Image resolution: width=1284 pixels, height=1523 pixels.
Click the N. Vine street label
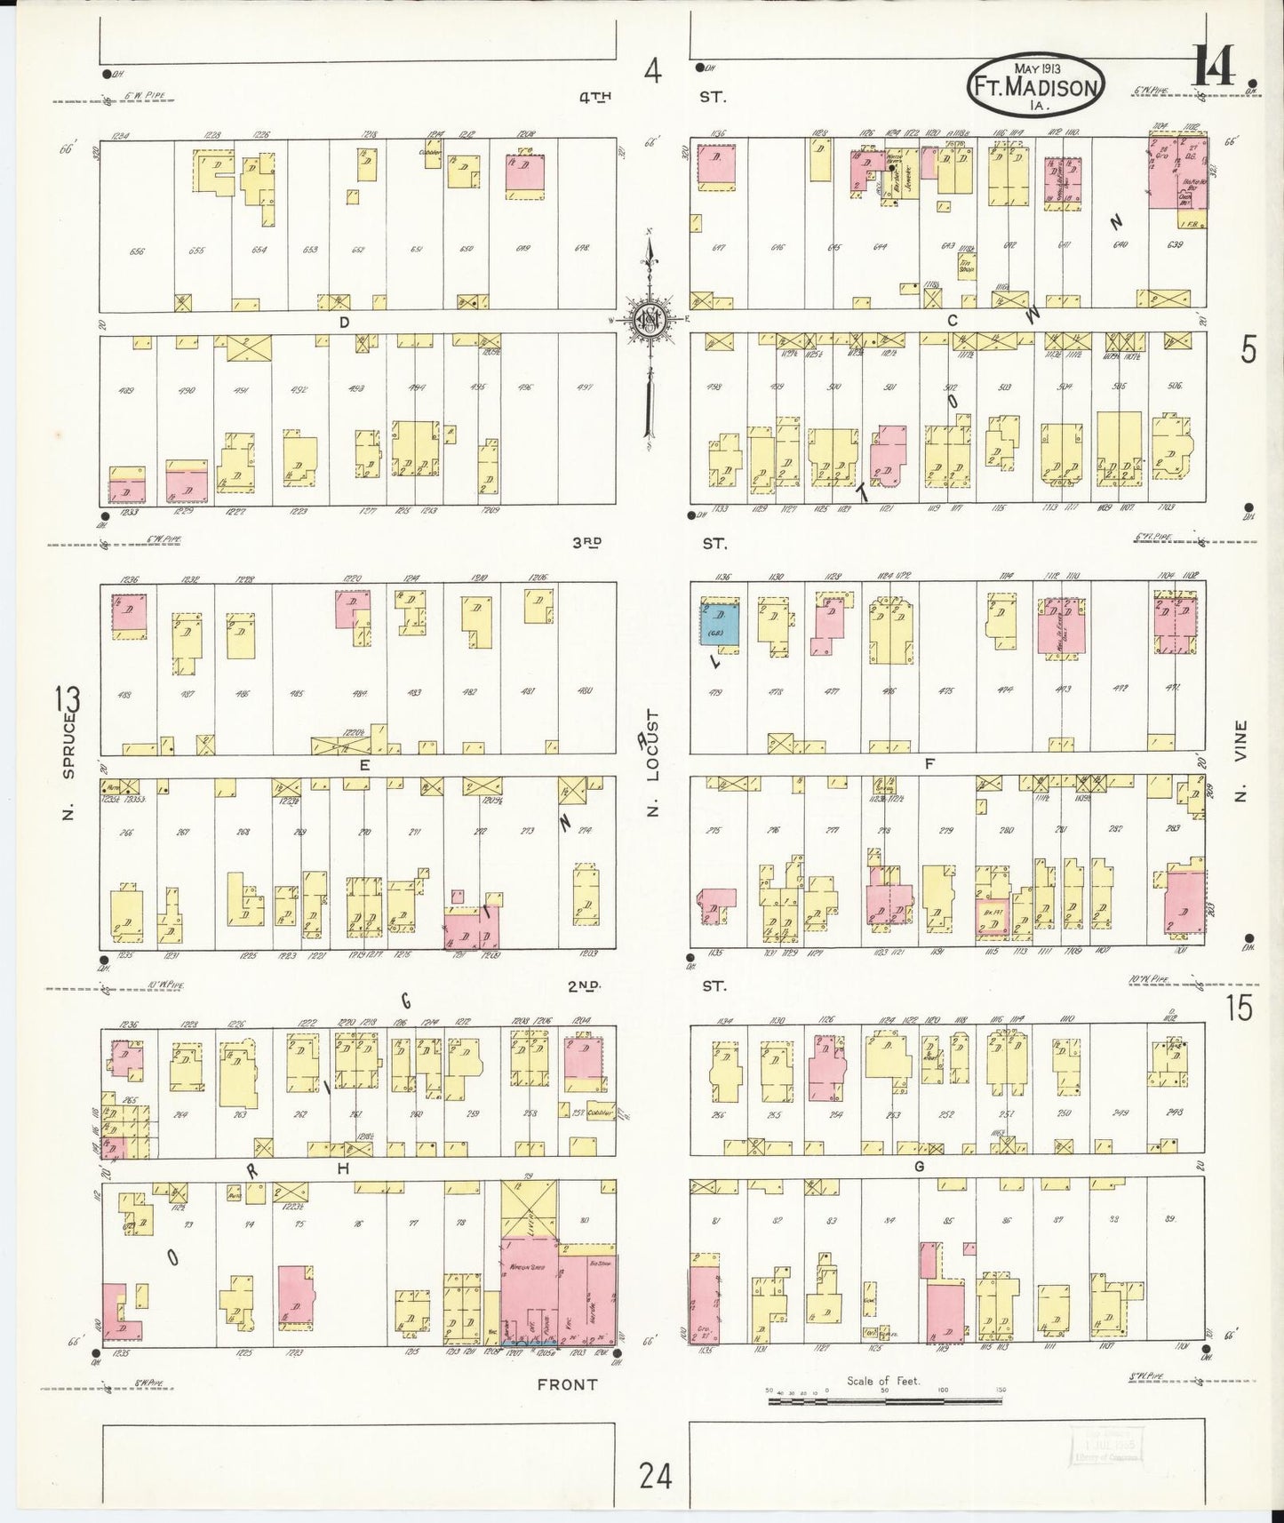coord(1241,761)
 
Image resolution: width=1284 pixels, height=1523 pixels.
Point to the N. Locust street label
coord(653,762)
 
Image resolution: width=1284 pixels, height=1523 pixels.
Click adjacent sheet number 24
coord(655,1477)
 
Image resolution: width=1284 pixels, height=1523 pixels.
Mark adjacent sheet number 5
coord(1248,352)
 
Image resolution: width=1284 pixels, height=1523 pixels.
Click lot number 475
coord(947,691)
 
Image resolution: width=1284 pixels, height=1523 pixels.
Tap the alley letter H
coord(344,1170)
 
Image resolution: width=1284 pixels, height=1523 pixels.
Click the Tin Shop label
coord(966,264)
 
